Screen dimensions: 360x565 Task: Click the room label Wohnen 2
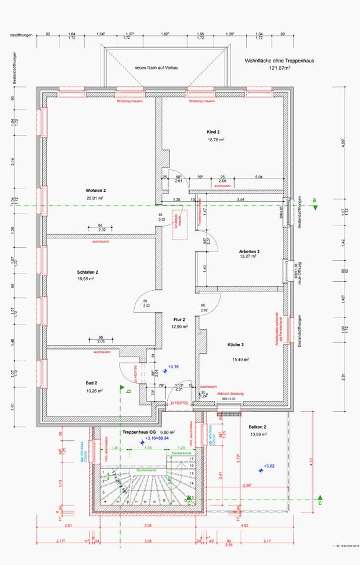[x=95, y=191]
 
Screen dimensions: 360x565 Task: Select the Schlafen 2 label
[x=87, y=272]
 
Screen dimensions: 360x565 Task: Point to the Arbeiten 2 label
[x=250, y=251]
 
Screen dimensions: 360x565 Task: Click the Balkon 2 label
[x=258, y=427]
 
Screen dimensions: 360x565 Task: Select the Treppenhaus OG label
[x=139, y=432]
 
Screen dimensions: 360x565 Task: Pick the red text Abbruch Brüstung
[x=230, y=393]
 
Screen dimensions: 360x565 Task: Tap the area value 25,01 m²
[x=95, y=198]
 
